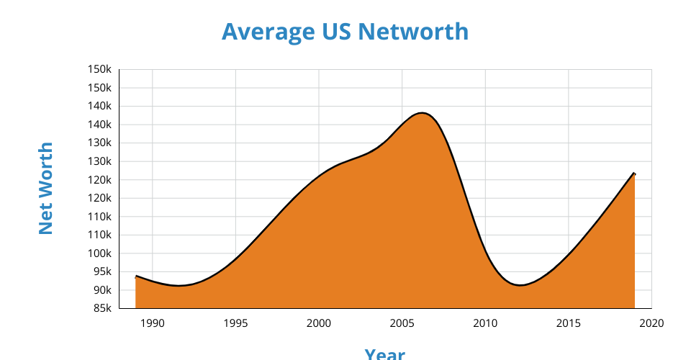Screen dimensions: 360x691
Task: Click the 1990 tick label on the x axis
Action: (x=153, y=323)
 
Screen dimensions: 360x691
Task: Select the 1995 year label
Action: (x=236, y=323)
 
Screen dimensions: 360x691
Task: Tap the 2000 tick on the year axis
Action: (x=319, y=323)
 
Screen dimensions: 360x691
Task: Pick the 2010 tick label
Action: (x=485, y=323)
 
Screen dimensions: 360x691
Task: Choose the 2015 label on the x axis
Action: (x=569, y=323)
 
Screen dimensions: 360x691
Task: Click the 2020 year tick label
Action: (x=651, y=323)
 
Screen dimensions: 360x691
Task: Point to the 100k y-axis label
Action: (x=99, y=253)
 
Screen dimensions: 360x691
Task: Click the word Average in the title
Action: (x=268, y=32)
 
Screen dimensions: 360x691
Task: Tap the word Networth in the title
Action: (x=413, y=32)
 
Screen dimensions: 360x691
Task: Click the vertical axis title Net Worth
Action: (x=45, y=188)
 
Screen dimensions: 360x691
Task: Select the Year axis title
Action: (x=384, y=354)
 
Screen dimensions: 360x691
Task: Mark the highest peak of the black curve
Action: (x=422, y=113)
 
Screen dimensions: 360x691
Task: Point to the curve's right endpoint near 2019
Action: (x=635, y=174)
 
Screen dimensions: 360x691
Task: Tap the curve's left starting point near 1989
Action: (x=136, y=276)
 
